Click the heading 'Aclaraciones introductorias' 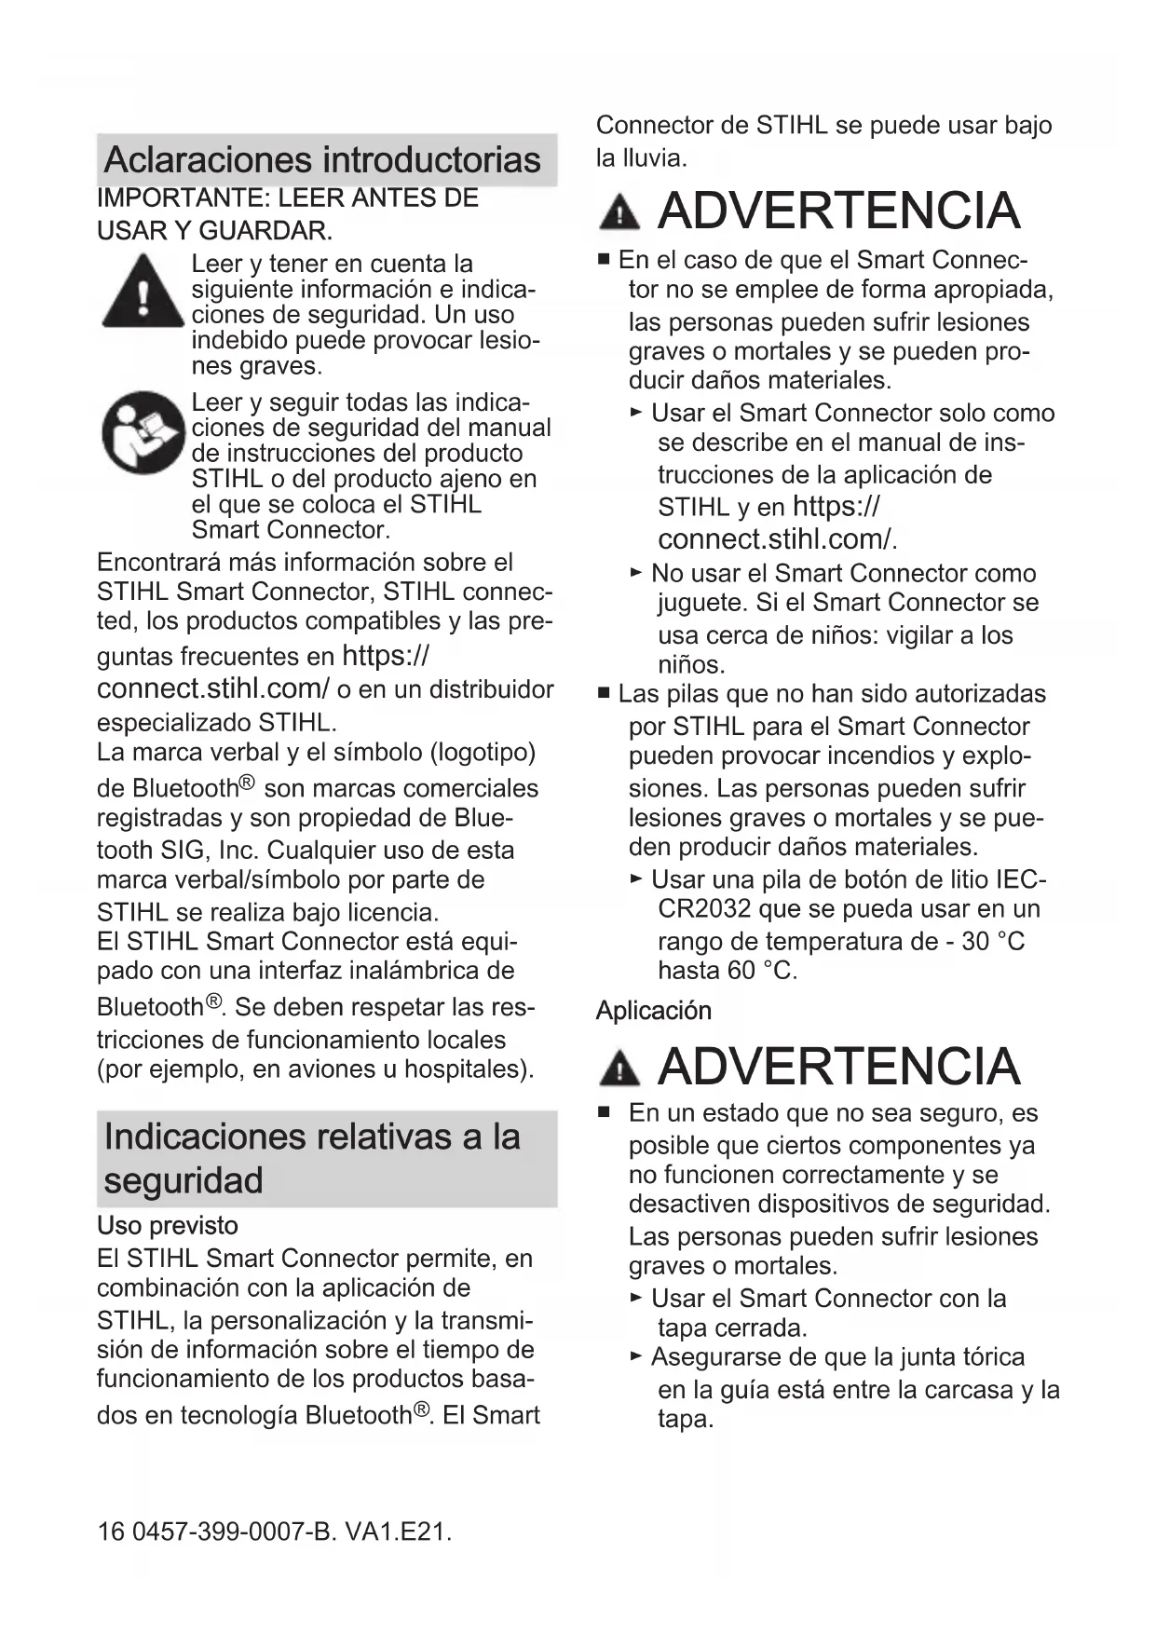click(x=322, y=159)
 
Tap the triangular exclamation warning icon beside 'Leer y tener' click(x=143, y=292)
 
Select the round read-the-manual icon click(x=143, y=433)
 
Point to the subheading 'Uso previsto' click(x=168, y=1225)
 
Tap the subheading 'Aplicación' click(x=654, y=1011)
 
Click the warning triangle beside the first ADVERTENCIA click(x=619, y=212)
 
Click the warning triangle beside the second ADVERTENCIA click(x=619, y=1068)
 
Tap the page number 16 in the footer click(x=110, y=1532)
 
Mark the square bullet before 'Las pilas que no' click(x=605, y=694)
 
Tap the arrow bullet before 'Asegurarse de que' click(x=636, y=1356)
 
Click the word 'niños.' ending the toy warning click(x=691, y=665)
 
